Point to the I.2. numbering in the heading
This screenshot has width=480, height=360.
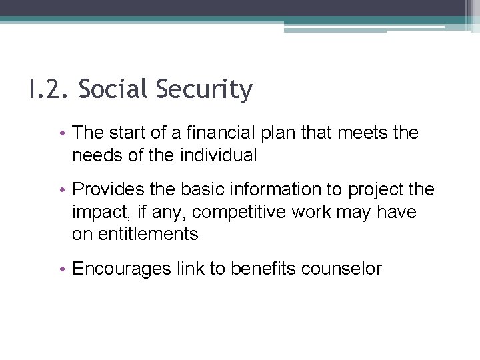click(48, 89)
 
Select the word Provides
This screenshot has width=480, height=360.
click(102, 189)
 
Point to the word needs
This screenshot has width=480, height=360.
click(94, 155)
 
